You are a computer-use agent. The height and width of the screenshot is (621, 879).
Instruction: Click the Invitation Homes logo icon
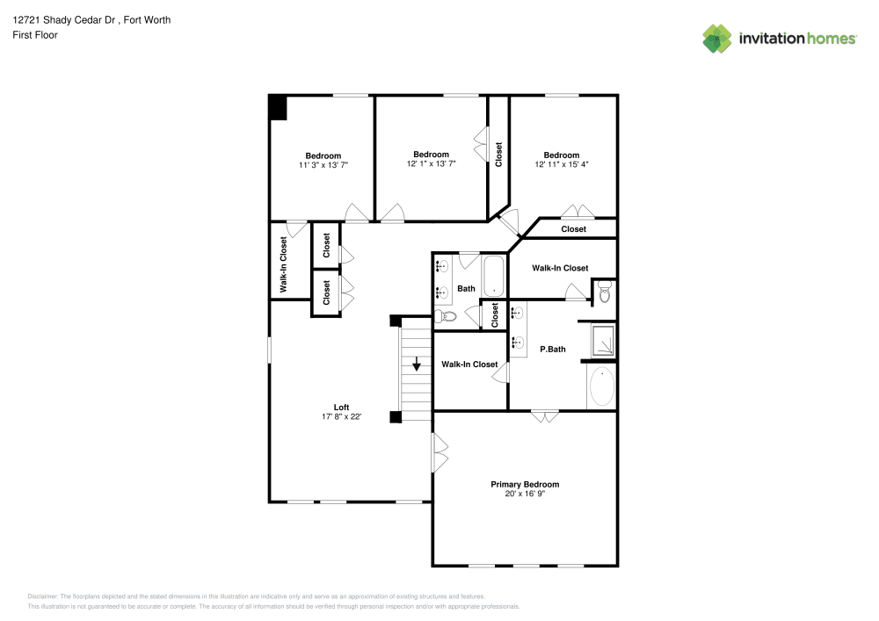point(717,39)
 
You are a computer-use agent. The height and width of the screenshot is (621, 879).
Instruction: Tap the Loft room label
point(341,407)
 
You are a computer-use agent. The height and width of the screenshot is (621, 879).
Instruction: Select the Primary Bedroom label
point(524,484)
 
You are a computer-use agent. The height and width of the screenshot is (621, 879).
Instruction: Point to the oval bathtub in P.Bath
point(601,386)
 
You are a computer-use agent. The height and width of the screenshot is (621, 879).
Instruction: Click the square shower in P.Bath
point(602,341)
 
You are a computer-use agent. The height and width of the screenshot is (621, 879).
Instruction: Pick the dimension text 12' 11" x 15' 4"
point(561,164)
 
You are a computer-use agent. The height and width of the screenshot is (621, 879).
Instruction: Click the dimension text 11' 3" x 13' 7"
point(323,165)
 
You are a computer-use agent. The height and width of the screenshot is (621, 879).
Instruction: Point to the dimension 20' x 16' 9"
point(524,494)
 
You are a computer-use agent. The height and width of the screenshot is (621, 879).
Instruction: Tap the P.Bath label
point(552,349)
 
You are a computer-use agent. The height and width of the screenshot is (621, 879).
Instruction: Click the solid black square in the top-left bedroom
point(278,107)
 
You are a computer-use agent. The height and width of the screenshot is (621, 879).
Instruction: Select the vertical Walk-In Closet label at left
point(284,264)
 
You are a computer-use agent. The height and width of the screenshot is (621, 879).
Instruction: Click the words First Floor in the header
point(35,35)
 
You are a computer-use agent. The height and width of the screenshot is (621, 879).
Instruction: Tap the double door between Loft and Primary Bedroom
point(439,449)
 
